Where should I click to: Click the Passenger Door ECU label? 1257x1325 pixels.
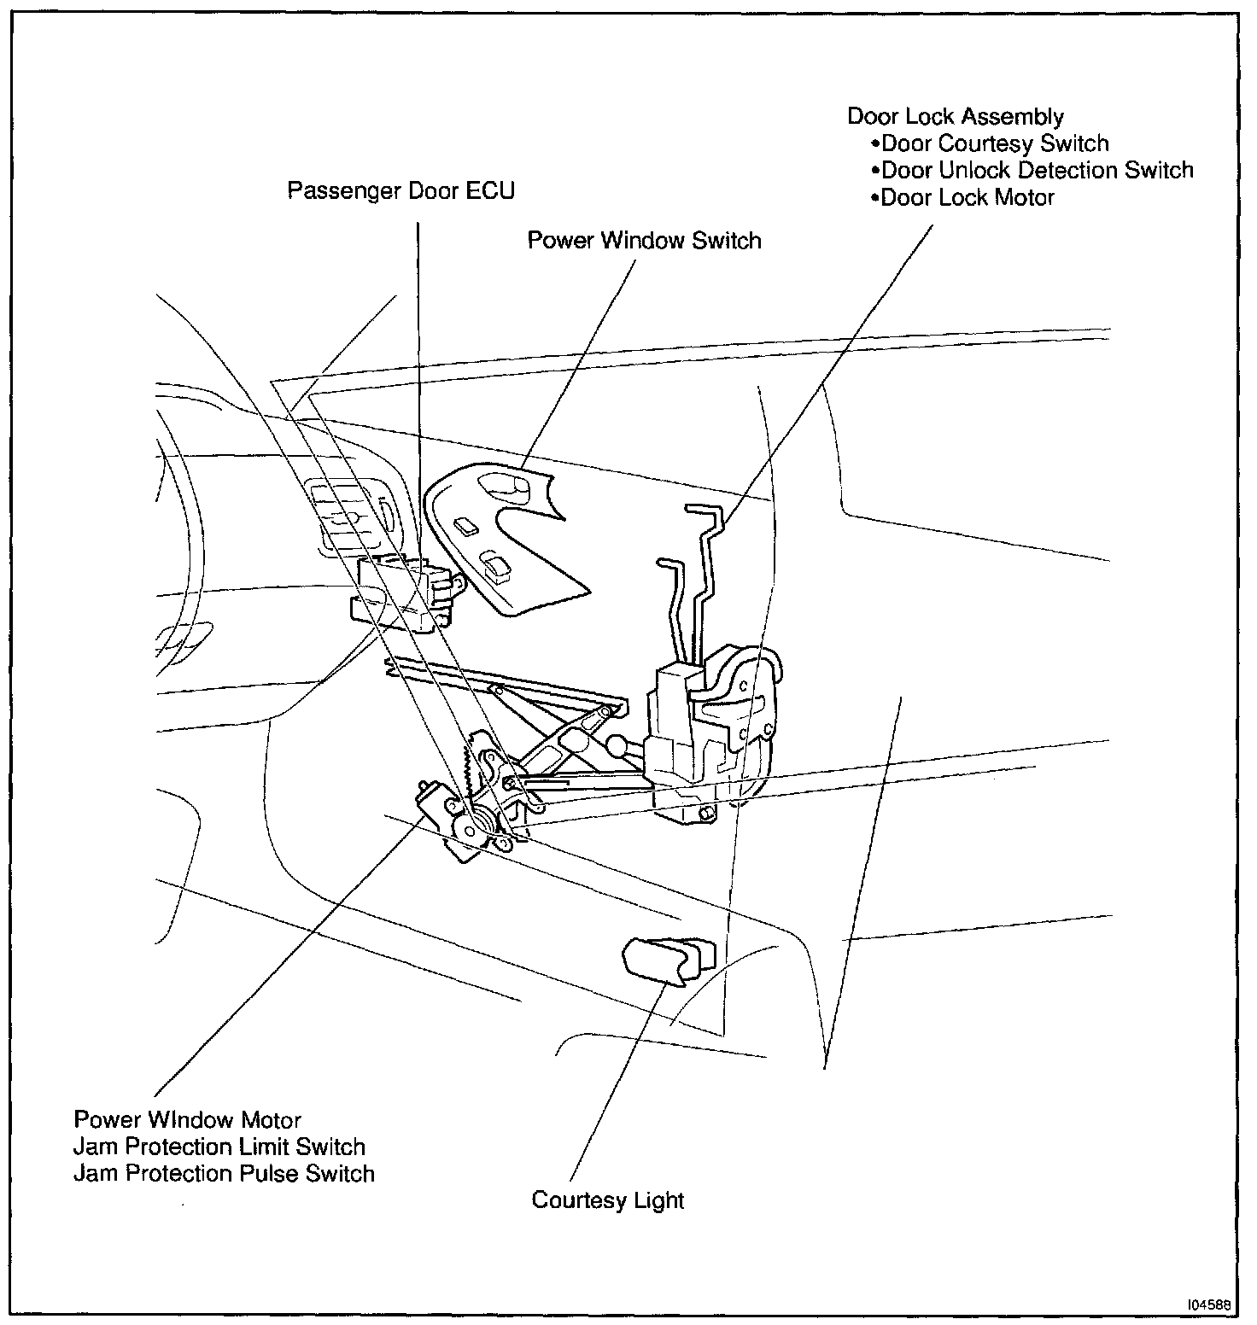coord(400,190)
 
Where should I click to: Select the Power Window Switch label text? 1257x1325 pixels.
coord(644,240)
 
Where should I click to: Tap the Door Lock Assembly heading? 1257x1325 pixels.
coord(955,116)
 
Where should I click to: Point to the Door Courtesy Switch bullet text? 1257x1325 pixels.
coord(994,143)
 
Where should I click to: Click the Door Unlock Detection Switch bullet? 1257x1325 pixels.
coord(1036,170)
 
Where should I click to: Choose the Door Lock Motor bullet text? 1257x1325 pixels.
coord(967,197)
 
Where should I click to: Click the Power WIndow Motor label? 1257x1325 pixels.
coord(187,1119)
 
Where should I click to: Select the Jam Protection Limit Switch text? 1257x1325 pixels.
coord(219,1147)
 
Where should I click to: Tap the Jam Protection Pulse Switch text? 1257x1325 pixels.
coord(224,1174)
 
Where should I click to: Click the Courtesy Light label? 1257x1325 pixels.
coord(607,1200)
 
